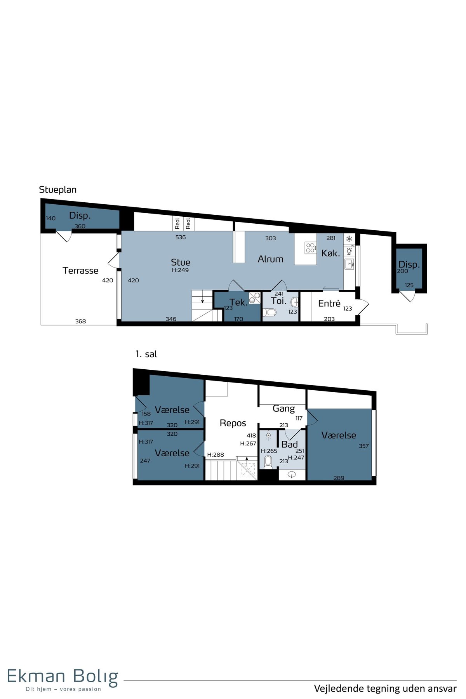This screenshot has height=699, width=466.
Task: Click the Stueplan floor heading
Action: click(x=58, y=190)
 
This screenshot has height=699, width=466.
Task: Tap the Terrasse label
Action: click(x=80, y=270)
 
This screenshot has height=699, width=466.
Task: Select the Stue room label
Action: click(x=181, y=262)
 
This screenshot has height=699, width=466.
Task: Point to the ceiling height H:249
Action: click(x=180, y=270)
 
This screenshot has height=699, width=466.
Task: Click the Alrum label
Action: click(x=271, y=259)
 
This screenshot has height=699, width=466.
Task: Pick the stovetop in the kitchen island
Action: click(x=310, y=248)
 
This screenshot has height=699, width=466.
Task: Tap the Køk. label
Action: click(x=330, y=253)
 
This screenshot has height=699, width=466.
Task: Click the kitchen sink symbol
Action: click(x=349, y=264)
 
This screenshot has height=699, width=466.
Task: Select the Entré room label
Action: click(x=329, y=303)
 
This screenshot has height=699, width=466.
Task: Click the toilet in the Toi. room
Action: click(x=270, y=312)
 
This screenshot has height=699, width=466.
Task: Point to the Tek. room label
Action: click(x=238, y=302)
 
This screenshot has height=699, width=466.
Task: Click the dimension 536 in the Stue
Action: click(x=181, y=237)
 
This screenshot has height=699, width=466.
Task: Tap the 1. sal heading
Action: click(x=146, y=354)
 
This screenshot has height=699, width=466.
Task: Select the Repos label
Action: click(x=233, y=423)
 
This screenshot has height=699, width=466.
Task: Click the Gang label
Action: click(x=284, y=409)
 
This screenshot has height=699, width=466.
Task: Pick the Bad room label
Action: click(x=290, y=444)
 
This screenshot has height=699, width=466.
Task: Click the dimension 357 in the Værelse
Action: click(x=364, y=446)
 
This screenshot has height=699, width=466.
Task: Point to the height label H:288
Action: click(x=216, y=455)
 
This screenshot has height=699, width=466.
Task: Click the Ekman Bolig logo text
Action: click(x=63, y=676)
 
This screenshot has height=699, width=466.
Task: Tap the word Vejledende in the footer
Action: click(x=336, y=689)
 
